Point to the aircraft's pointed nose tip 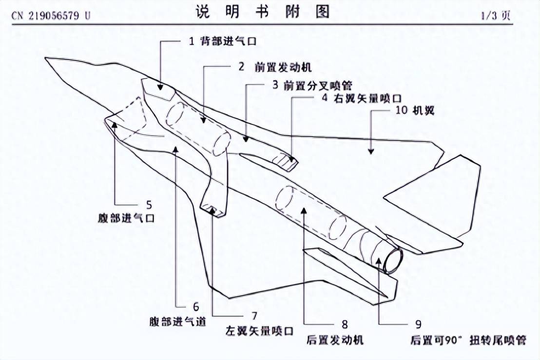point(48,60)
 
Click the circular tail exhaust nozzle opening point(393,259)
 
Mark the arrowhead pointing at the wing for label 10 point(371,152)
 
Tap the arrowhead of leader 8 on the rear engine point(304,211)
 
